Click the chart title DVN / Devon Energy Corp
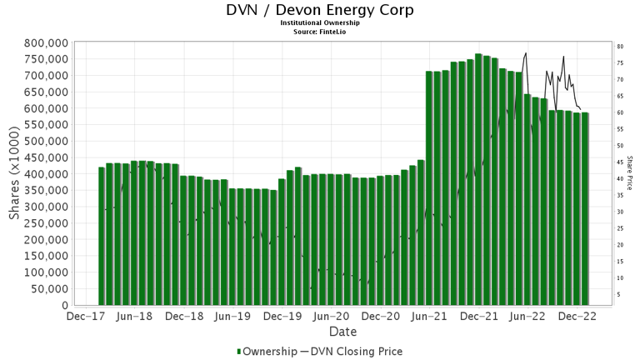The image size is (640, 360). (320, 10)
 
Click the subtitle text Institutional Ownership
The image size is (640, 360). (320, 22)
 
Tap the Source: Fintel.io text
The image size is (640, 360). (320, 31)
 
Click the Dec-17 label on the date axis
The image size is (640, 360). (86, 317)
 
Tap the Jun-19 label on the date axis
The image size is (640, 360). (232, 317)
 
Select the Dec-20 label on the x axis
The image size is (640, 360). (380, 317)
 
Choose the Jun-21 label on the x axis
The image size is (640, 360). (429, 317)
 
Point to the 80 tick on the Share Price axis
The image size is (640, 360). (620, 47)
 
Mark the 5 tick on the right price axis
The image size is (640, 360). (618, 294)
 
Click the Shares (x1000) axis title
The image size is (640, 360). (14, 173)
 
